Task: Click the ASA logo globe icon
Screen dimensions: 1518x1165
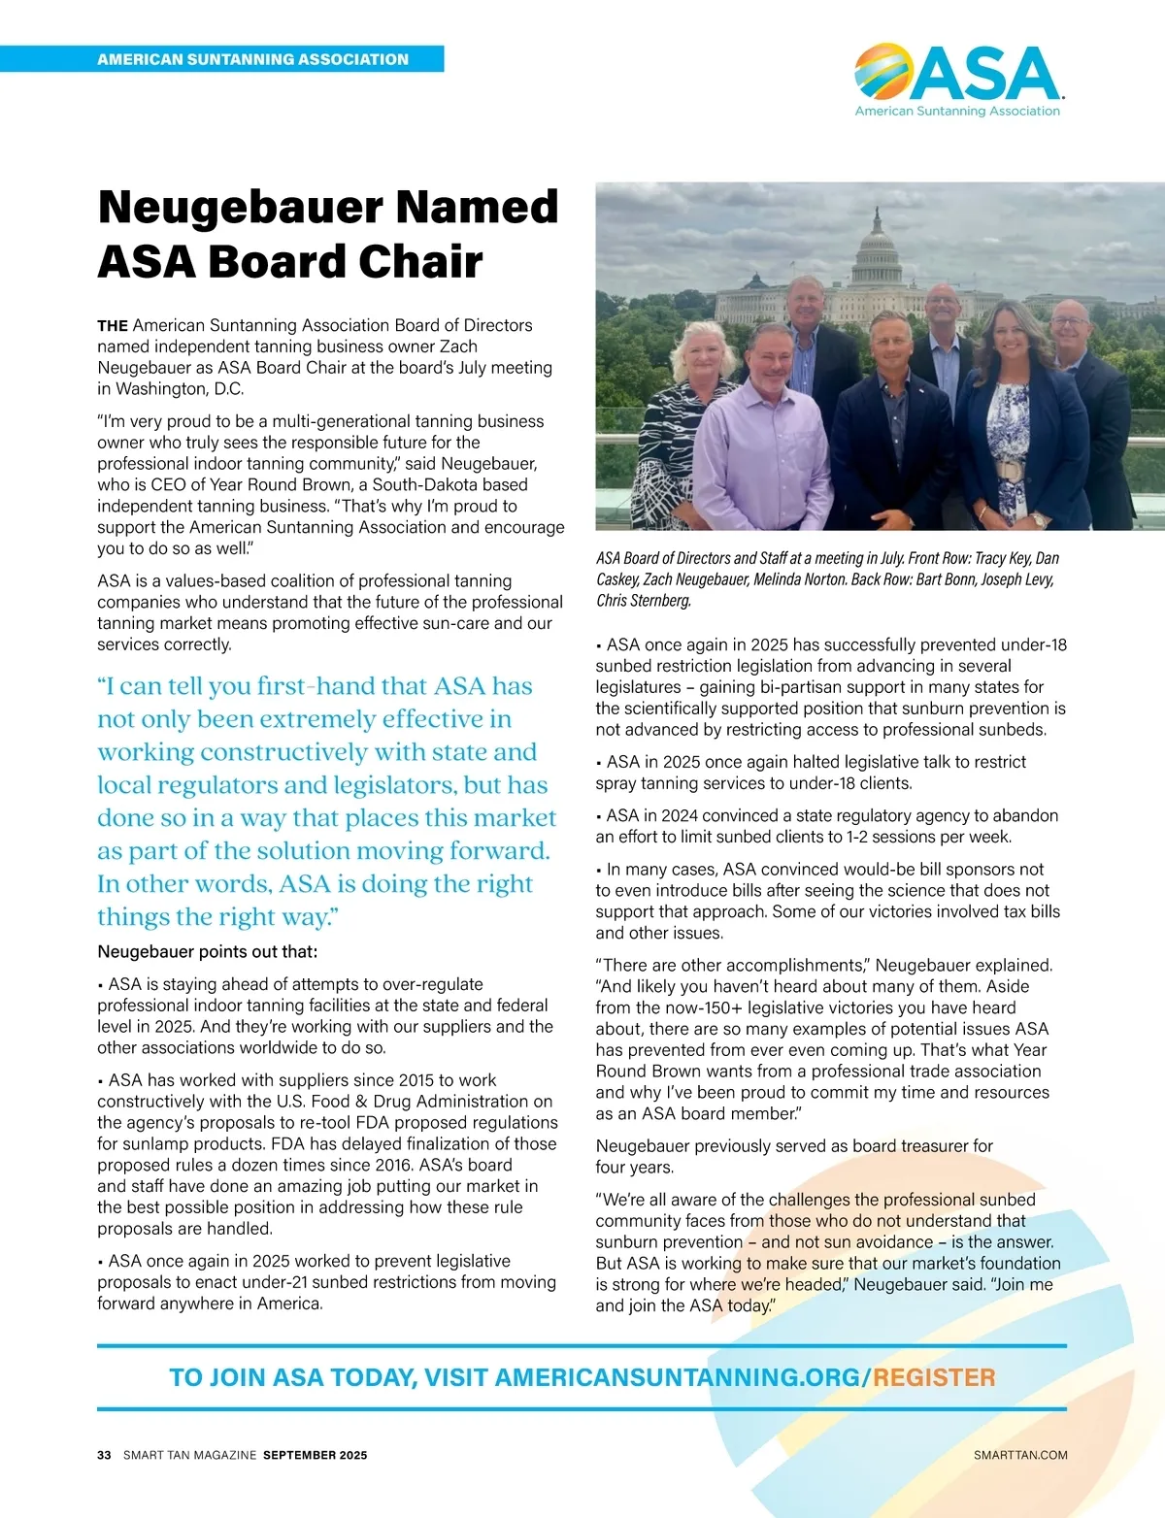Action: pyautogui.click(x=882, y=73)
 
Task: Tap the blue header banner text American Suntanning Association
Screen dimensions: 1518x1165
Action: pyautogui.click(x=252, y=59)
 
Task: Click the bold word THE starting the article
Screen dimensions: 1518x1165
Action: pyautogui.click(x=113, y=326)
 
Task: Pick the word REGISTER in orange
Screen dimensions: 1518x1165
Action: pyautogui.click(x=934, y=1377)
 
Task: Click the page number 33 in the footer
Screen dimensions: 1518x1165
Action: pyautogui.click(x=104, y=1455)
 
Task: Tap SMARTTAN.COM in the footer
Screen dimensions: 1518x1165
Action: pyautogui.click(x=1020, y=1455)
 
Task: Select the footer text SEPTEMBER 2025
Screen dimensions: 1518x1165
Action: pyautogui.click(x=316, y=1455)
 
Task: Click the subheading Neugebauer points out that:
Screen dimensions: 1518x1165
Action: pyautogui.click(x=208, y=951)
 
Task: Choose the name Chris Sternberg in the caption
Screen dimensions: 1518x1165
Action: pyautogui.click(x=644, y=601)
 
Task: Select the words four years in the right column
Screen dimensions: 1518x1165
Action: pyautogui.click(x=634, y=1167)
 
